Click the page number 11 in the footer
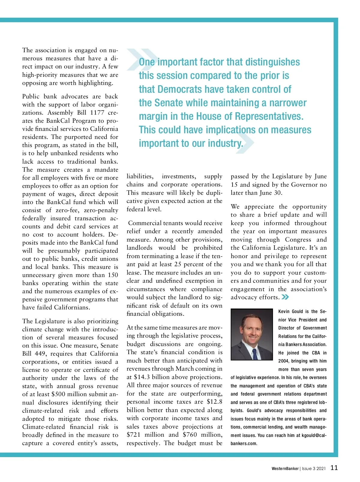pos(334,468)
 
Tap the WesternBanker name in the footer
pos(285,468)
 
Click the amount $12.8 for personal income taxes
pos(214,402)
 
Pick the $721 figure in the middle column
pos(133,435)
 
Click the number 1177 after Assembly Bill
pos(97,113)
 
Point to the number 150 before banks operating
pos(113,275)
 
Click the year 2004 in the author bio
pos(283,361)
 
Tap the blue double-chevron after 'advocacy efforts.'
pos(285,297)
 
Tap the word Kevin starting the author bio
pos(284,312)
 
